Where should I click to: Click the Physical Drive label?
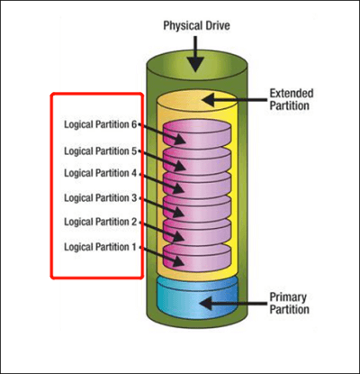[x=196, y=26]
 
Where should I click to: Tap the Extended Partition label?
[x=292, y=99]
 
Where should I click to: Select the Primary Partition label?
[x=289, y=303]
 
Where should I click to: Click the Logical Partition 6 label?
[x=101, y=124]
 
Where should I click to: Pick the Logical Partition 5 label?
[x=101, y=151]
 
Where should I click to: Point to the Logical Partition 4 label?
[x=101, y=173]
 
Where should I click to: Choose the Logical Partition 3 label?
[x=101, y=198]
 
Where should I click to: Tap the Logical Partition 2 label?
[x=101, y=222]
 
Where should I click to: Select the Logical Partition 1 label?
[x=101, y=247]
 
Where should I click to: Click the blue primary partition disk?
[x=197, y=299]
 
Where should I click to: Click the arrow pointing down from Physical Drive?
[x=195, y=54]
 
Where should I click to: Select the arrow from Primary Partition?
[x=233, y=303]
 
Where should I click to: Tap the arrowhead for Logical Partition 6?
[x=179, y=139]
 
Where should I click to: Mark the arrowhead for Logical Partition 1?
[x=177, y=261]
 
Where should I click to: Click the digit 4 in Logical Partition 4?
[x=133, y=173]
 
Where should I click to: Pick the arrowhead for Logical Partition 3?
[x=177, y=212]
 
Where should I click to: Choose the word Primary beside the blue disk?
[x=288, y=297]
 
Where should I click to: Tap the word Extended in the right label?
[x=292, y=94]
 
